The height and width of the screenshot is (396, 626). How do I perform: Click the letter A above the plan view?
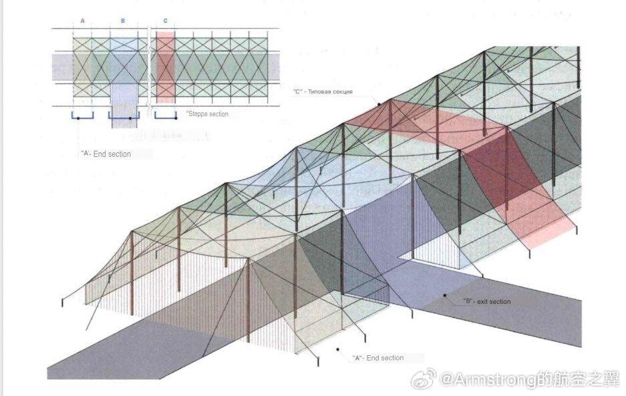pos(83,21)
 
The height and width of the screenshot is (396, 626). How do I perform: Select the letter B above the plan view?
pos(123,21)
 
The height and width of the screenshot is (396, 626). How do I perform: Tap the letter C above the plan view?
pos(165,21)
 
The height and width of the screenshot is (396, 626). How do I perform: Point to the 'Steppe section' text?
pos(208,114)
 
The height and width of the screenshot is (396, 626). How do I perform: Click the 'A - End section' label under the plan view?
pos(106,154)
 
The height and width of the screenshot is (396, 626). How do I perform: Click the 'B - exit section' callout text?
pos(486,302)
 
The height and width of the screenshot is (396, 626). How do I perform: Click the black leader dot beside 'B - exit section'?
pos(444,294)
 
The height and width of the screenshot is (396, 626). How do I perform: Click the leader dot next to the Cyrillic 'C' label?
pos(378,104)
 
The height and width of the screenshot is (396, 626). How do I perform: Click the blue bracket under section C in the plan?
pos(166,118)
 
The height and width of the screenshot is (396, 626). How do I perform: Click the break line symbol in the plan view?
pos(149,67)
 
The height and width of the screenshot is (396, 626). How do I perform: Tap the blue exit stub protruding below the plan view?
pos(124,107)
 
